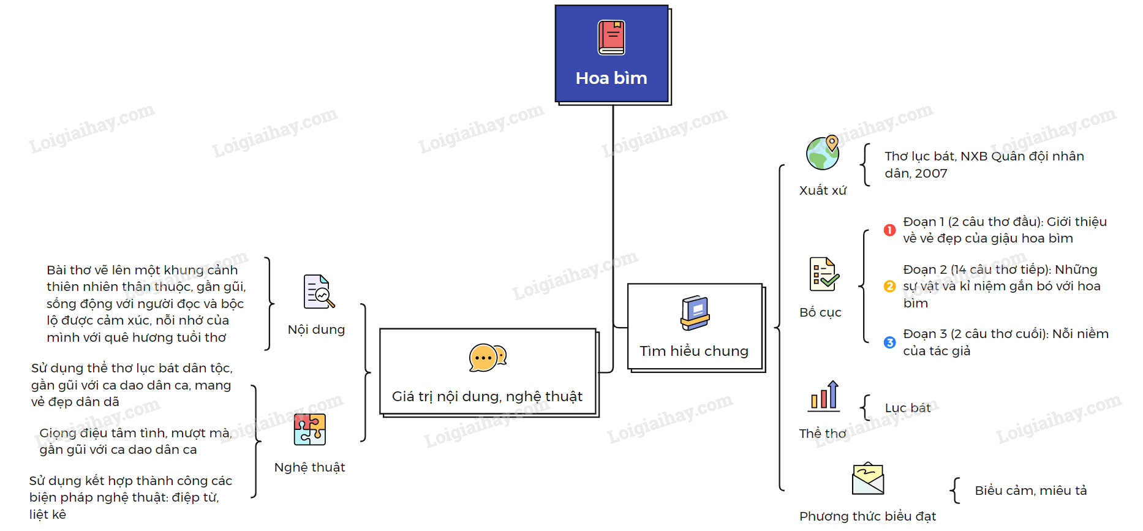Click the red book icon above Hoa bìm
coord(611,37)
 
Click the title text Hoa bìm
coord(611,78)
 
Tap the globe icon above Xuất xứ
coord(823,153)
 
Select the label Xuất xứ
coord(823,190)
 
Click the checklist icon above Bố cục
coord(823,274)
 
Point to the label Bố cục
coord(820,312)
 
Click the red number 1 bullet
coord(890,230)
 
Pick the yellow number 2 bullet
coord(890,286)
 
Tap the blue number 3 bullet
coord(890,342)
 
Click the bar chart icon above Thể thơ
coord(824,395)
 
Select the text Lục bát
coord(907,408)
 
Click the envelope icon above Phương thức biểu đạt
coord(868,479)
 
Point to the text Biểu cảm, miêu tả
coord(1031,491)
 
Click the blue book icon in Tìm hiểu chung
coord(695,313)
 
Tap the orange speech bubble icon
coord(488,358)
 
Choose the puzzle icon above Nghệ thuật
coord(310,429)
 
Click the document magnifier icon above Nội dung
coord(319,292)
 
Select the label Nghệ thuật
coord(309,467)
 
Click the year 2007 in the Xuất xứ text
coord(931,173)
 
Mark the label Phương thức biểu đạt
coord(867,516)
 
